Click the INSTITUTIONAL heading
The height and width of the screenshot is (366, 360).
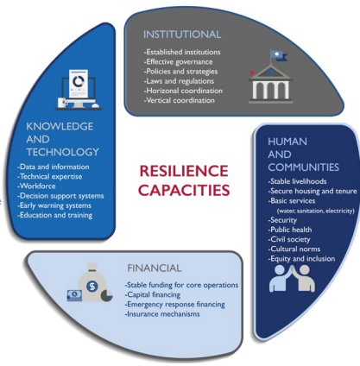coord(182,35)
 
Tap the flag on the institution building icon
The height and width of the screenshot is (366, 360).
coord(278,55)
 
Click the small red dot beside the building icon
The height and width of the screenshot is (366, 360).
coord(252,73)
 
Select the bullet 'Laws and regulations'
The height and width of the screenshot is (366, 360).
coord(179,81)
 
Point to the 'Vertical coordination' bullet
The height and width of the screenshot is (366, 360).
coord(180,100)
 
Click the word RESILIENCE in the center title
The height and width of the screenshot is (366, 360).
coord(184,171)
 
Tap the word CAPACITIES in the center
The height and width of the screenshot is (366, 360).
coord(184,190)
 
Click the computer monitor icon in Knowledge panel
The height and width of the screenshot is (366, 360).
coord(79,90)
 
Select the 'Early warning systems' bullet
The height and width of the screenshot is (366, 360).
coord(54,205)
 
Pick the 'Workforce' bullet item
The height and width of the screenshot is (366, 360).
coord(36,186)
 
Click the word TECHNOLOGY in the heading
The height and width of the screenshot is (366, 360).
coord(62,152)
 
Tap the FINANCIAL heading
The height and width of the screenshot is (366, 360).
coord(155,268)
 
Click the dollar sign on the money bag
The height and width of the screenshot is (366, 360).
coord(92,287)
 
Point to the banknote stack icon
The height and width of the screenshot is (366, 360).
coord(74,295)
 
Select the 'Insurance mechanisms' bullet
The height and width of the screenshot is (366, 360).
coord(162,314)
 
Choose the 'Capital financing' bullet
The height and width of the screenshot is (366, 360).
coord(153,294)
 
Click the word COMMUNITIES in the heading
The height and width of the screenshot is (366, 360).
coord(303,167)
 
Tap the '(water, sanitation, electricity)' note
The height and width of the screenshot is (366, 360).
coord(315,211)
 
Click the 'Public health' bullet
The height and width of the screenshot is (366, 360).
coord(290,230)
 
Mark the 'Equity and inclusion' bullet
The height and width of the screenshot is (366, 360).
coord(301,259)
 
